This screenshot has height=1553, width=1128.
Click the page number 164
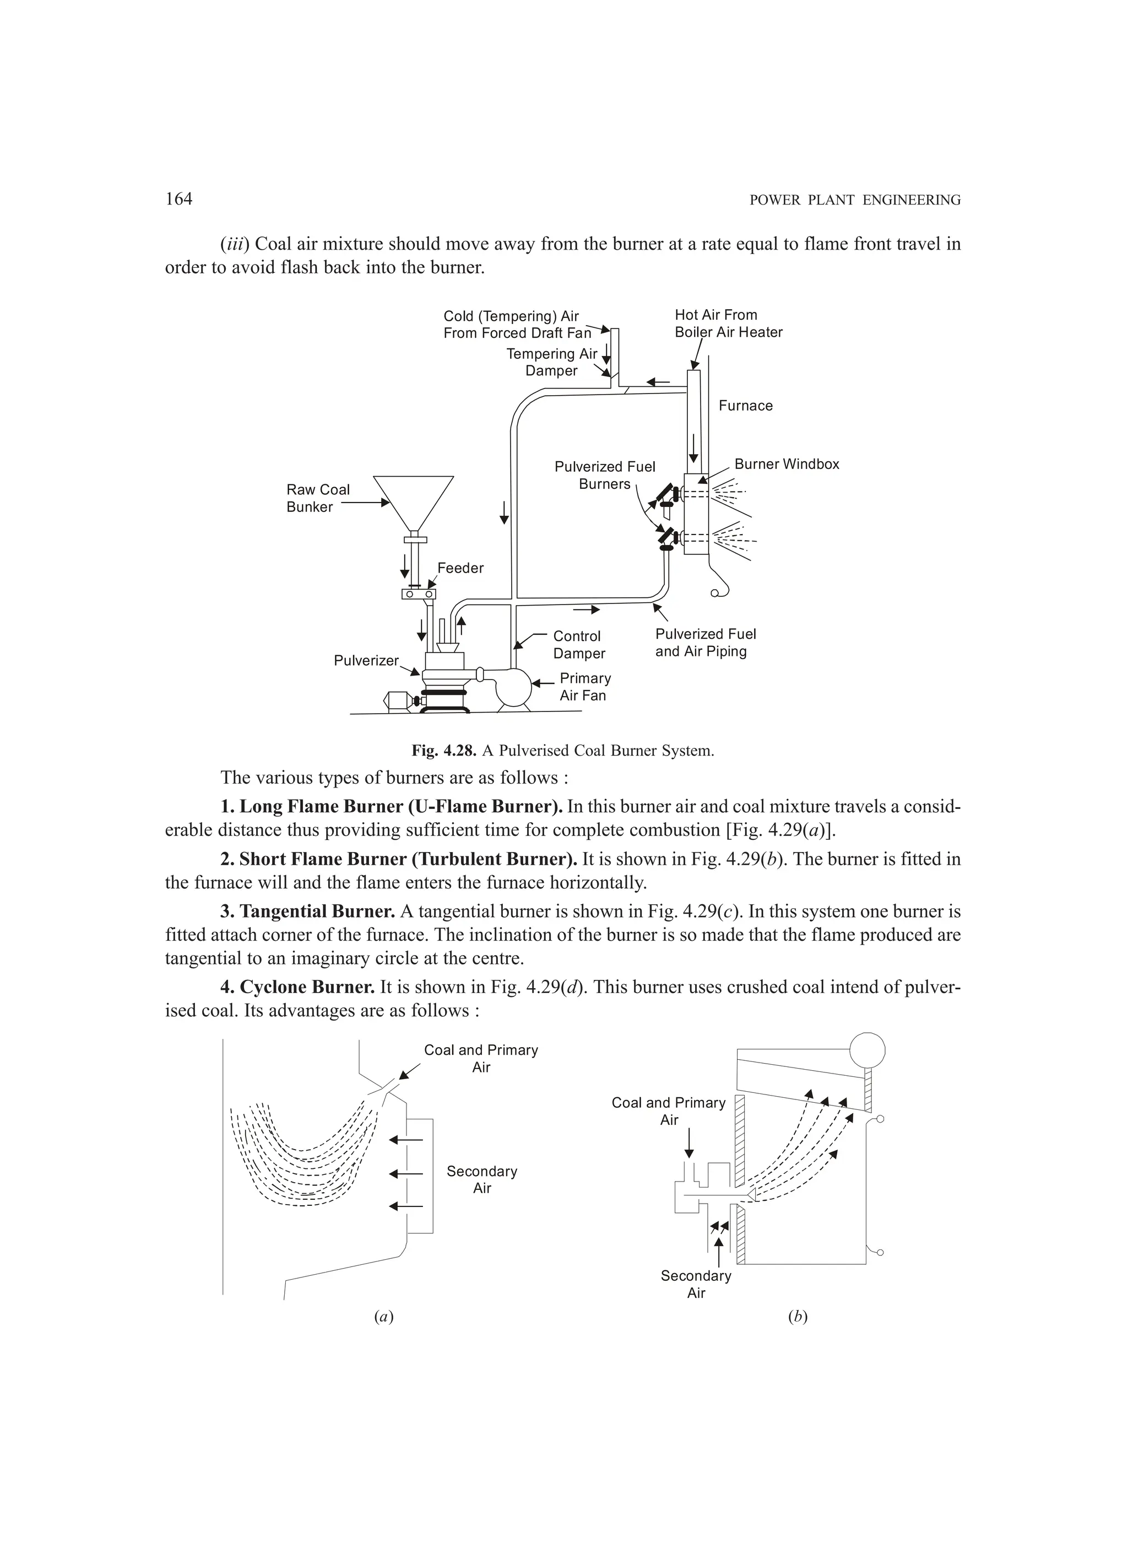coord(178,199)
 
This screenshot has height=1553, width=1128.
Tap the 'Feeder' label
coord(460,568)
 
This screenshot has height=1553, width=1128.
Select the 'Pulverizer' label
coord(366,661)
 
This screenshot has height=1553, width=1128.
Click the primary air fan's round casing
coord(514,687)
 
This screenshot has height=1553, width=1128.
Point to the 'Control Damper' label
coord(578,645)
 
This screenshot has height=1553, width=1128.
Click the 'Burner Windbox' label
coord(787,464)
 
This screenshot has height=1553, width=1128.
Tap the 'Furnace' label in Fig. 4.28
coord(745,406)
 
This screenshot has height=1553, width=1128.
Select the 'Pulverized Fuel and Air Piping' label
coord(705,643)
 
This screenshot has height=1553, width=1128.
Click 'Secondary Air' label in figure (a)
coord(482,1180)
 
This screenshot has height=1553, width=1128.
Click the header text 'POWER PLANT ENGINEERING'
coord(855,201)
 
